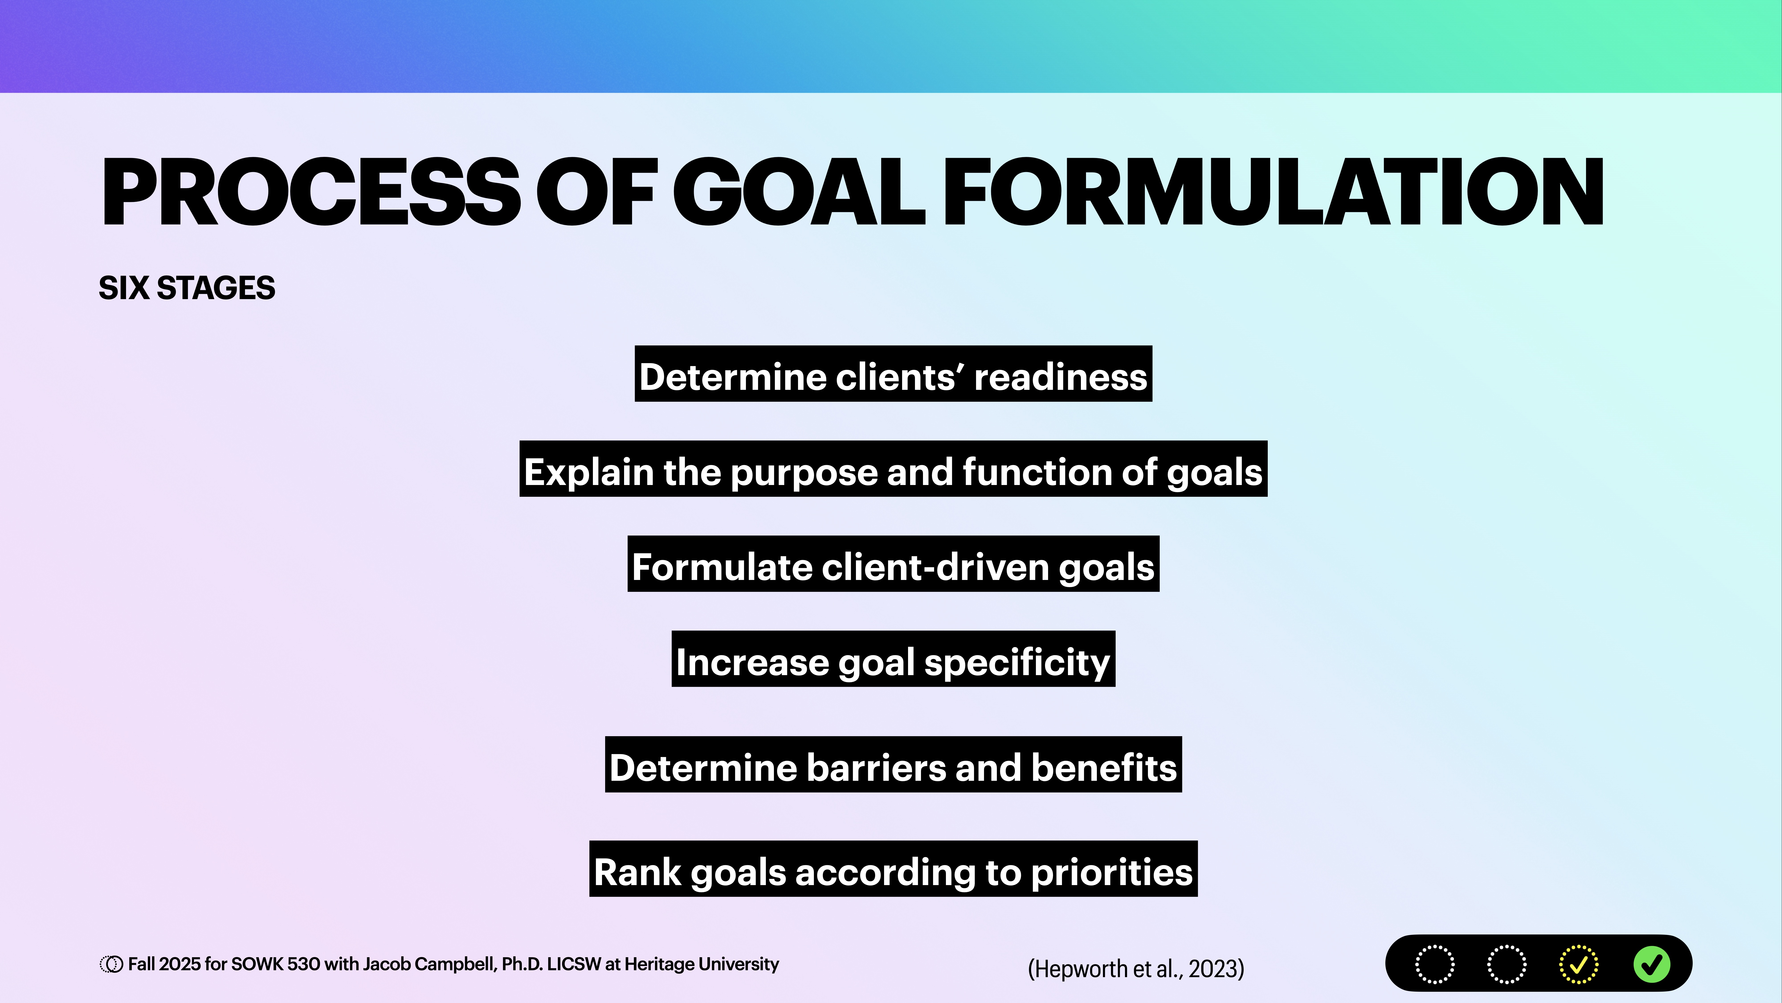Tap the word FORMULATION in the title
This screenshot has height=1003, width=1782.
tap(1273, 192)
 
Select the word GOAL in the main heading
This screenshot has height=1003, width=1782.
tap(799, 192)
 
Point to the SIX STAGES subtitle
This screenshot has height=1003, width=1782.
tap(187, 288)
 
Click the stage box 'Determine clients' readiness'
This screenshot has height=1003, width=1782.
tap(893, 374)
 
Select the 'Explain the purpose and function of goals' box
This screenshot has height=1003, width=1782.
tap(893, 469)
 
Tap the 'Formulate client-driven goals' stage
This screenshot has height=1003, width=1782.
tap(893, 564)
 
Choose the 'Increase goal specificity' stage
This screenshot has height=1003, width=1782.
tap(893, 659)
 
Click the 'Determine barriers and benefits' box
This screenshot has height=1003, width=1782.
tap(893, 765)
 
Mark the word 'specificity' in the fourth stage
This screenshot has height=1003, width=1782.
tap(1017, 662)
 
